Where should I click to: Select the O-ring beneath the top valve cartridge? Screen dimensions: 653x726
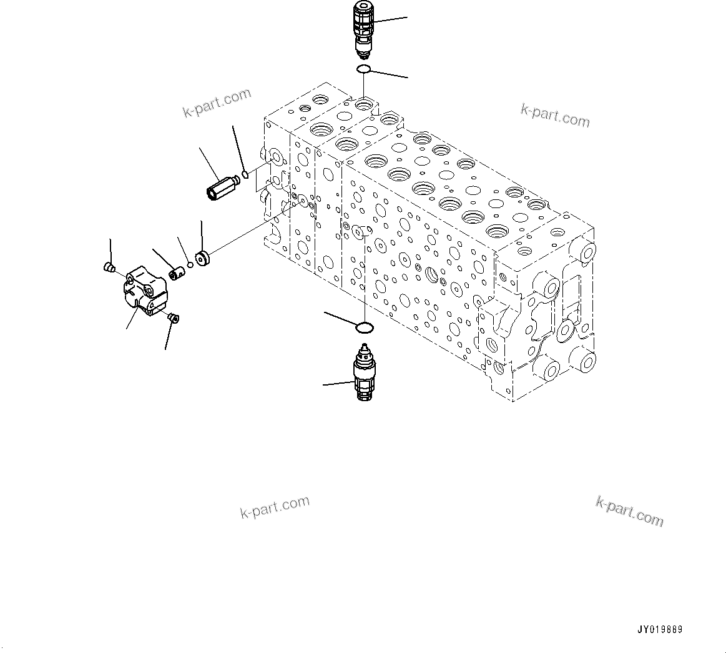pyautogui.click(x=364, y=69)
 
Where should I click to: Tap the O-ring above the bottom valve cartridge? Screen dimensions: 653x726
pyautogui.click(x=365, y=327)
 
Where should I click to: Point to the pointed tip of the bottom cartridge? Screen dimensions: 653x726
pyautogui.click(x=363, y=347)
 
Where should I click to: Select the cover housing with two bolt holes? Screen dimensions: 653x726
pyautogui.click(x=146, y=291)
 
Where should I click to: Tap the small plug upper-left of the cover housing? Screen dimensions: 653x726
pyautogui.click(x=108, y=268)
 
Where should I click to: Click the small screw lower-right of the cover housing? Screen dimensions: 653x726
pyautogui.click(x=173, y=319)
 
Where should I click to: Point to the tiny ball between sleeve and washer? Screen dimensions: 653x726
pyautogui.click(x=190, y=264)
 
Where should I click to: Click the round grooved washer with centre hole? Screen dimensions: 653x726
pyautogui.click(x=203, y=258)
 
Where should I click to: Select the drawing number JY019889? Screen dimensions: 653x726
pyautogui.click(x=659, y=629)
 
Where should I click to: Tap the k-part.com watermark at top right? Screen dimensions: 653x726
pyautogui.click(x=555, y=115)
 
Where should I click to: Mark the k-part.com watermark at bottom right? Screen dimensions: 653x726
pyautogui.click(x=629, y=511)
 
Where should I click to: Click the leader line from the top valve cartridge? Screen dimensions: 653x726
pyautogui.click(x=391, y=20)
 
